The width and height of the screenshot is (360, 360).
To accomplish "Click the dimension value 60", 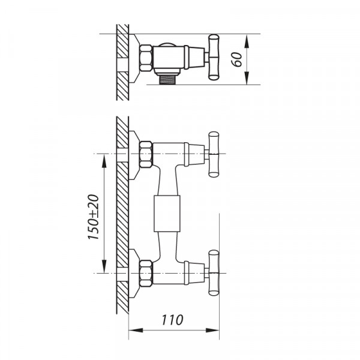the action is (x=237, y=59).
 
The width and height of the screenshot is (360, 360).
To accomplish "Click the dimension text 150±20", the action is (x=94, y=217).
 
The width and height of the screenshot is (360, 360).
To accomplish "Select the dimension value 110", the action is (x=172, y=320).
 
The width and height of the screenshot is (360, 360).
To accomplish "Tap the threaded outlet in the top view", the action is (x=167, y=80).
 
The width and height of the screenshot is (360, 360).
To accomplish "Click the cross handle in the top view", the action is (x=214, y=58).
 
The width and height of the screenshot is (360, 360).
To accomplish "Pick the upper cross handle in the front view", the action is (x=214, y=154).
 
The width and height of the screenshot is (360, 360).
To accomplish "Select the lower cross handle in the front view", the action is (x=214, y=273).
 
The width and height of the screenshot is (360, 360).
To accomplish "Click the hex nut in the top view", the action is (x=146, y=58).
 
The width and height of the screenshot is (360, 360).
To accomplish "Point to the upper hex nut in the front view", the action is (x=146, y=154).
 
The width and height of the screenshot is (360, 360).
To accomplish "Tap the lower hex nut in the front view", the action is (x=146, y=273).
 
